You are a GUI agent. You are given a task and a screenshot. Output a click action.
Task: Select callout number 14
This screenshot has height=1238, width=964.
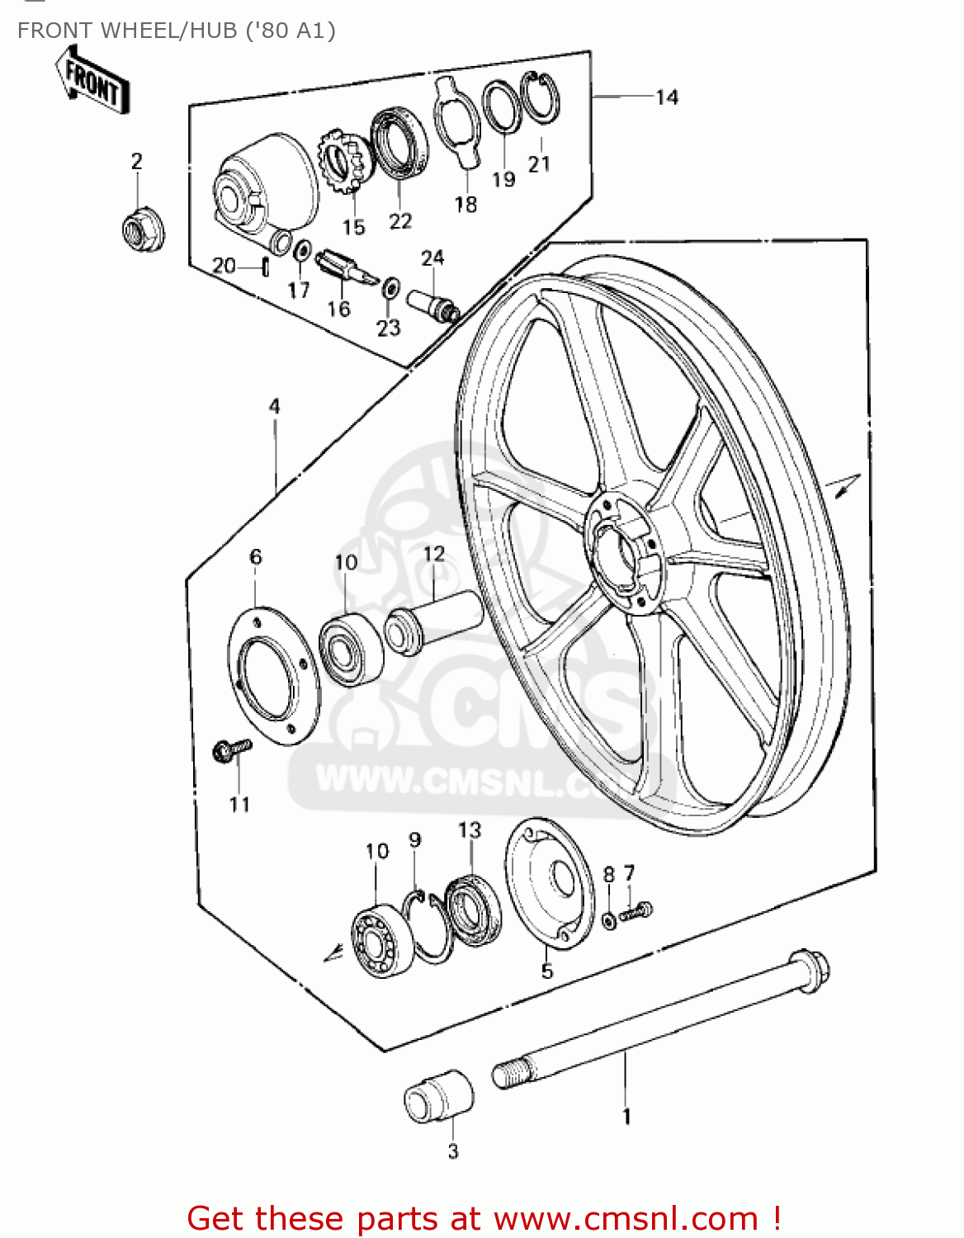[x=667, y=97]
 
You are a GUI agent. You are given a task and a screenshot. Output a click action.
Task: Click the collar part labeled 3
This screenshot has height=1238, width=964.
[x=438, y=1097]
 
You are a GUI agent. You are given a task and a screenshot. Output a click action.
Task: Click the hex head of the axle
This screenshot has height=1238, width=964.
[x=810, y=967]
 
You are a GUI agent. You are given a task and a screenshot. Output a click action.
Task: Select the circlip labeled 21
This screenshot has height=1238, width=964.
[x=541, y=97]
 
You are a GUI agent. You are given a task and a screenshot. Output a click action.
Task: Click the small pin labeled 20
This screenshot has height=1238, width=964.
[x=266, y=267]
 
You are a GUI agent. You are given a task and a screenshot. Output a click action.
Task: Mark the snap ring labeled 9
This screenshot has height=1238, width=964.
[x=428, y=925]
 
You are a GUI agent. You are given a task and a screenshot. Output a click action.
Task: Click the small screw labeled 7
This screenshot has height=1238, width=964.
[x=636, y=912]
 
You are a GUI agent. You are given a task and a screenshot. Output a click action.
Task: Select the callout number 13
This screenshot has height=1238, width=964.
[x=469, y=829]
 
